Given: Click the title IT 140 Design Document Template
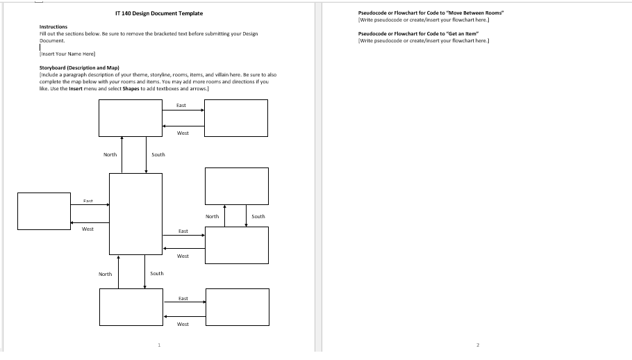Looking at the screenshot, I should [159, 13].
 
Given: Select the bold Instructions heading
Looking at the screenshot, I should [53, 27].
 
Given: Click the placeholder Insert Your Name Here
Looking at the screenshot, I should [67, 54].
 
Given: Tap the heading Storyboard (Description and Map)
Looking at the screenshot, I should [79, 68].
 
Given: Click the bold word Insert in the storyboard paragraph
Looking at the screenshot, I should [76, 88].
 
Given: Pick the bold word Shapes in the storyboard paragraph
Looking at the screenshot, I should [131, 88].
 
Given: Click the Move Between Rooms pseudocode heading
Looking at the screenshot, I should [431, 13].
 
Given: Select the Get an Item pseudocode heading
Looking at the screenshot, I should [419, 33].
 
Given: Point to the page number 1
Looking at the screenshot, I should [159, 345].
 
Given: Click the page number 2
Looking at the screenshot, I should [478, 345].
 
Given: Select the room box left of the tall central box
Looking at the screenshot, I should [44, 211].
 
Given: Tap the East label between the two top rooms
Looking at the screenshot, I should [181, 105].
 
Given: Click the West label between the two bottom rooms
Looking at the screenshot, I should [183, 324].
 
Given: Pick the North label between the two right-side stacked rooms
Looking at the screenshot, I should [213, 216].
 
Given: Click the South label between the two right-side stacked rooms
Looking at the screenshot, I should [258, 216].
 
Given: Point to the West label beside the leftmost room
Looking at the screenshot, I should [88, 229].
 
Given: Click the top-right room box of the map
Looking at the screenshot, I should [236, 117].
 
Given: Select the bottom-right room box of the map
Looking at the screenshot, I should [238, 306].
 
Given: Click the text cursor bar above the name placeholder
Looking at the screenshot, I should [40, 47].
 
